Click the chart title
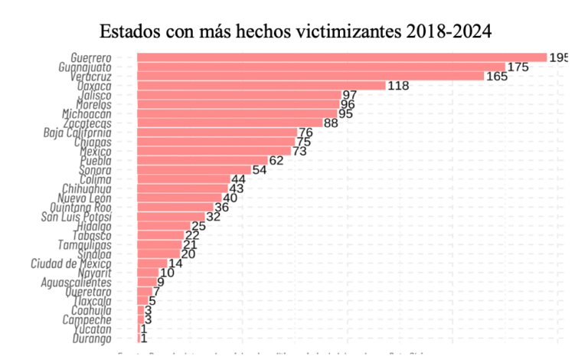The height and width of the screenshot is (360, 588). pos(295,31)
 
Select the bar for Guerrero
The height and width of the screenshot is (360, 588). pos(341,57)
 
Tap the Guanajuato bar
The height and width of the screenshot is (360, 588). pos(321,67)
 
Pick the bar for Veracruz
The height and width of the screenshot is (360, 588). pos(310,77)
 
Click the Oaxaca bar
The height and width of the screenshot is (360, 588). pos(261,86)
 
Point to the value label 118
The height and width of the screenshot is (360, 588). pos(399,86)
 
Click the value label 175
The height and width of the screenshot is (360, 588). pos(518,67)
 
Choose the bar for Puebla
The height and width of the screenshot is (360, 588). pos(202,161)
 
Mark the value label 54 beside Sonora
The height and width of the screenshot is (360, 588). pos(260,170)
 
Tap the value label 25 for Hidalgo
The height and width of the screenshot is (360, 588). pos(199,226)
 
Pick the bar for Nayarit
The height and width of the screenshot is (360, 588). pos(147,273)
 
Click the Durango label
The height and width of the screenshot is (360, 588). pos(92,339)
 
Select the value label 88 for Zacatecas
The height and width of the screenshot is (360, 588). pos(332,123)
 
